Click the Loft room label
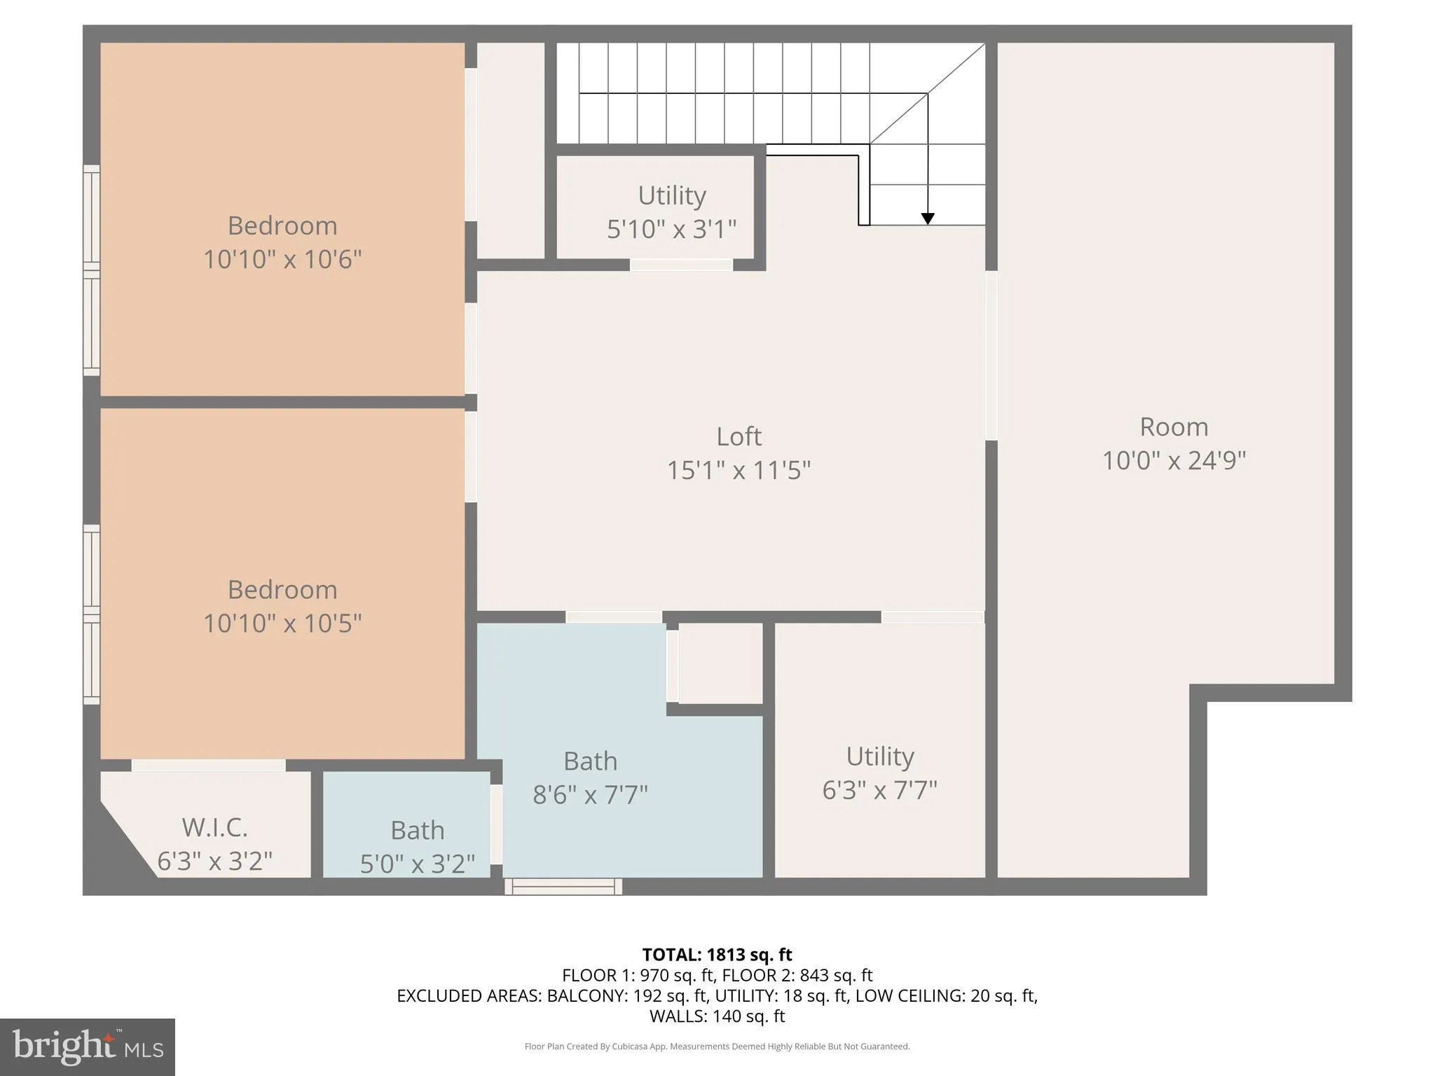coord(739,436)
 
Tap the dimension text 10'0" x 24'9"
coord(1174,460)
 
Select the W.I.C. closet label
coord(214,827)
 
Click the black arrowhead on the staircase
coord(928,219)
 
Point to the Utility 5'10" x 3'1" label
coord(671,212)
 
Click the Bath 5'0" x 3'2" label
coord(418,846)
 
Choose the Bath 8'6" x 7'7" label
coord(590,778)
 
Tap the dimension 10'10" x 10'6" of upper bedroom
coord(282,259)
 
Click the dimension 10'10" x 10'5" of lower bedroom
coord(282,623)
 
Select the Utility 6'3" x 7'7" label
coord(879,773)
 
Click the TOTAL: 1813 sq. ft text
coord(717,955)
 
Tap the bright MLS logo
coord(88,1047)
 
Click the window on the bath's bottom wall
coord(563,887)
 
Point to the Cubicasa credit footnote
coord(717,1047)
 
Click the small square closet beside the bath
coord(720,663)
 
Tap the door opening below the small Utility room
coord(681,265)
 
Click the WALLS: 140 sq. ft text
coord(717,1016)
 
